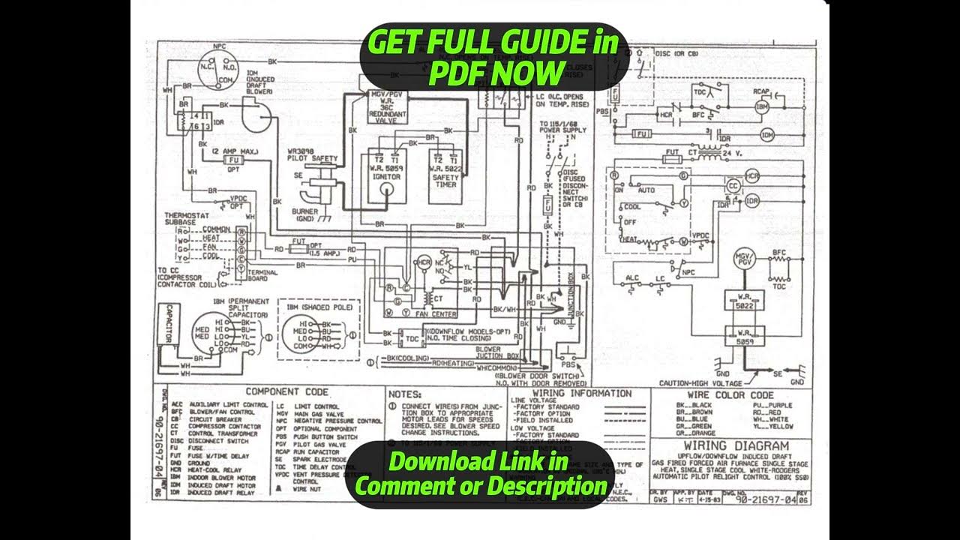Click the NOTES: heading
[405, 393]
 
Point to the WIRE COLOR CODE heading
[730, 394]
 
